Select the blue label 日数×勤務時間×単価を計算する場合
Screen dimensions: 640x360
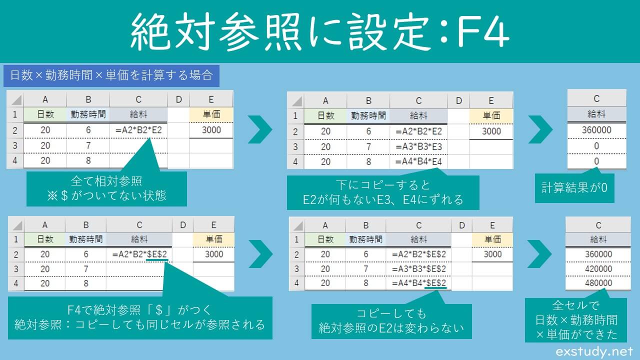click(110, 75)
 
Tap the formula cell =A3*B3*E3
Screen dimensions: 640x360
click(419, 146)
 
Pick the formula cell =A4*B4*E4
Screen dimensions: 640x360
click(419, 162)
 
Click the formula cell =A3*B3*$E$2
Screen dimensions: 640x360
click(419, 269)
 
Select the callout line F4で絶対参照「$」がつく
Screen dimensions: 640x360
click(139, 310)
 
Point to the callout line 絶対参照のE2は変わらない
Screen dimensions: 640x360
click(391, 328)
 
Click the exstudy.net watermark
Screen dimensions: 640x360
click(594, 352)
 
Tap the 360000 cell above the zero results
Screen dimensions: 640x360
click(596, 130)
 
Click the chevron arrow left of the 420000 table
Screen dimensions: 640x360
click(539, 254)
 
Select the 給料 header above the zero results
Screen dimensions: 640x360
click(596, 114)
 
